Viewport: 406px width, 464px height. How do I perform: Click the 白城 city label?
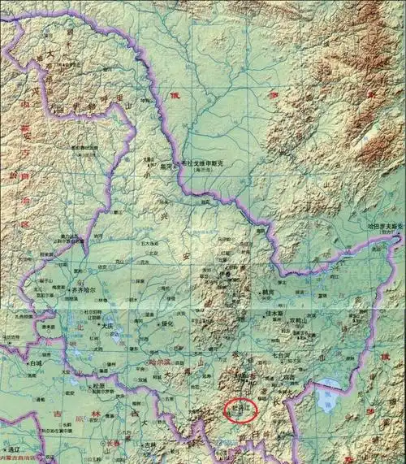(35, 365)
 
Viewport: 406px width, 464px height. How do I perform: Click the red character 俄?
(174, 95)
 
